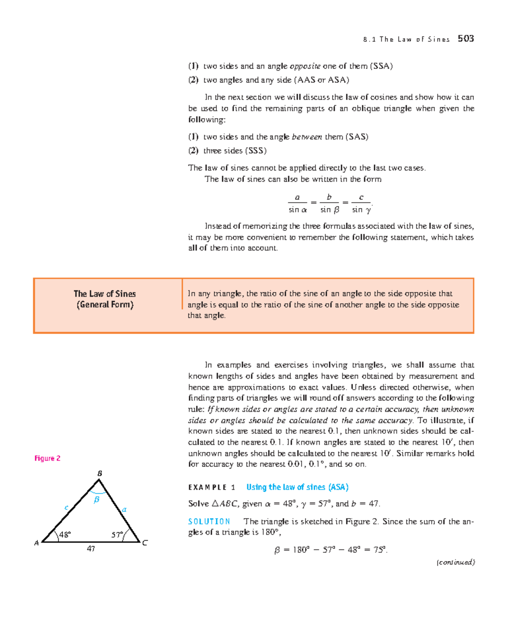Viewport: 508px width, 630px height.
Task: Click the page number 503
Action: click(466, 39)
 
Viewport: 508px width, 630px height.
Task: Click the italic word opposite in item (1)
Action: click(305, 66)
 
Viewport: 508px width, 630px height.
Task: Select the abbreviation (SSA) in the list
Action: click(381, 66)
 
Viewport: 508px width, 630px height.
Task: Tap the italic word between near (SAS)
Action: click(307, 137)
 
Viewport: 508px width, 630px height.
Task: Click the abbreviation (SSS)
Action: click(256, 151)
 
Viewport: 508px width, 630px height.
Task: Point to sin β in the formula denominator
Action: click(330, 210)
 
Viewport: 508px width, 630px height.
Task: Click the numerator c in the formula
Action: click(361, 197)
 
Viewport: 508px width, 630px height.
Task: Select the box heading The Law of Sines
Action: click(105, 294)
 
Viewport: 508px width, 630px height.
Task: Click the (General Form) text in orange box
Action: click(105, 305)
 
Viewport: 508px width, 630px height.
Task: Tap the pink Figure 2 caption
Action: click(47, 458)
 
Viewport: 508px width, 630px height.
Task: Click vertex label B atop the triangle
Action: click(100, 473)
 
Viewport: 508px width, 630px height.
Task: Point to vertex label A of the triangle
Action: click(36, 543)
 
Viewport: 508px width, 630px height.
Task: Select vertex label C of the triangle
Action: click(145, 543)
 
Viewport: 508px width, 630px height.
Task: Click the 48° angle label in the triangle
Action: click(65, 535)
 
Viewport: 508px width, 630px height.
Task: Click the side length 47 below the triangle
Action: click(91, 549)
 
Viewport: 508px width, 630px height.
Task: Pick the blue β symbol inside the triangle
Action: click(97, 500)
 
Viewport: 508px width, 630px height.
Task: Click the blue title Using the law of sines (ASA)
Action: click(297, 487)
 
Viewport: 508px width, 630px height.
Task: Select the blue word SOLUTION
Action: click(209, 522)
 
